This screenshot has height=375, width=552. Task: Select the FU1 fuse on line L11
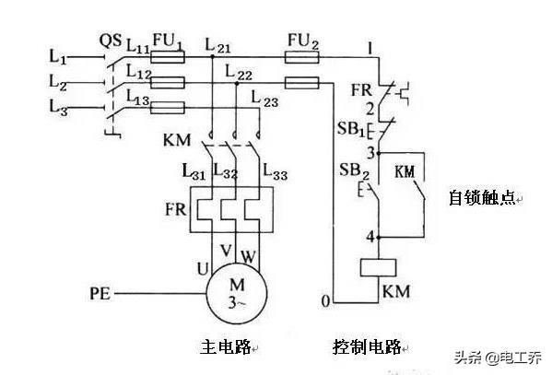point(168,57)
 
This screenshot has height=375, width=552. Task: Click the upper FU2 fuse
point(302,57)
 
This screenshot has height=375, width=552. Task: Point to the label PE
point(100,294)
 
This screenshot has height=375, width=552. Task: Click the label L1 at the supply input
point(57,56)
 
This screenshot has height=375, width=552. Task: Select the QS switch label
point(111,41)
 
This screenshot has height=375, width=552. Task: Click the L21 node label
point(217,46)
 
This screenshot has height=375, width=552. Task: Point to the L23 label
point(264,99)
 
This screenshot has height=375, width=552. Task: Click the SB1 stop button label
point(351,129)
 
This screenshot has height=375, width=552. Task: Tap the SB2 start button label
point(354,170)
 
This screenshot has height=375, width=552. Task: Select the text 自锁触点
point(482,198)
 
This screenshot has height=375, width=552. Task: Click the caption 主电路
point(226,346)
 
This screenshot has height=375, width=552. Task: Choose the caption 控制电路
point(367,346)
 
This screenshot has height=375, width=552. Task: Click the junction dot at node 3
point(379,153)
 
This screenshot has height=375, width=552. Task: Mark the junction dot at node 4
point(379,238)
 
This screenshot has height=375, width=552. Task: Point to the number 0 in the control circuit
point(325,301)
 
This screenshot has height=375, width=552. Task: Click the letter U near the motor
point(203,269)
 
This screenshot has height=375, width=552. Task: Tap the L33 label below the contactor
point(276,171)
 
